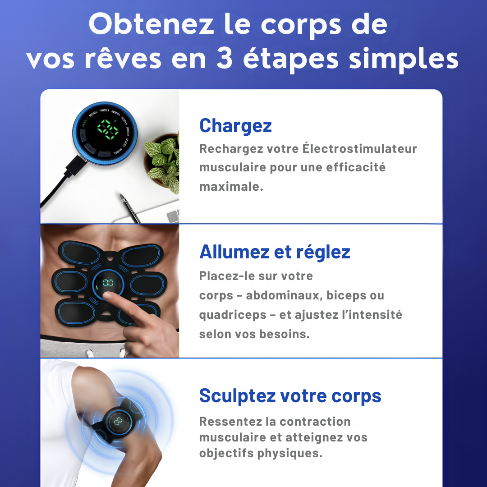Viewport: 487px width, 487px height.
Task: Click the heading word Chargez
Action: point(235,126)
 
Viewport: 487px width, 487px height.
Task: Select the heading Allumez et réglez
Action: point(275,252)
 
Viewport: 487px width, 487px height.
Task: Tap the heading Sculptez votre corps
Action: point(290,396)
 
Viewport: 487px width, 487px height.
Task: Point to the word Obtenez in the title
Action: point(151,24)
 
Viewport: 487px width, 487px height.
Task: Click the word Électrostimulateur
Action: point(360,148)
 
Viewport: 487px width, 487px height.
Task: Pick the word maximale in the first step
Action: point(231,187)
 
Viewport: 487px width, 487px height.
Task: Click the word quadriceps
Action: point(233,315)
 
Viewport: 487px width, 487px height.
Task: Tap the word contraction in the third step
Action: point(315,422)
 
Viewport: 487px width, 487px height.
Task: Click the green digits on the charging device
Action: point(107,129)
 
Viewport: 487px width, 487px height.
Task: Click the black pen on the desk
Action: point(130,208)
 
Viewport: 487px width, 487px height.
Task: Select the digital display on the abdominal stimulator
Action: point(108,283)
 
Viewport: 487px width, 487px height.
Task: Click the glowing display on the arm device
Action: point(118,421)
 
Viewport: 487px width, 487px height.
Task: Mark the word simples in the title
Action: point(404,60)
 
